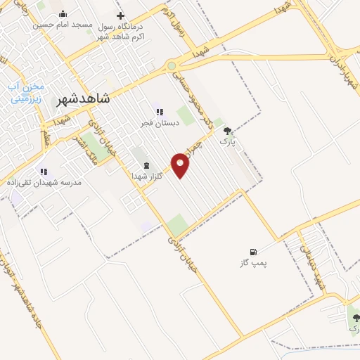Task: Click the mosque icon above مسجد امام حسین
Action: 63,14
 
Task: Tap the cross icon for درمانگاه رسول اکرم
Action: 121,15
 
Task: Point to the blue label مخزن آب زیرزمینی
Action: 26,93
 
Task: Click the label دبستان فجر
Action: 159,122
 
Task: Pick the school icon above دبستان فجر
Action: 160,111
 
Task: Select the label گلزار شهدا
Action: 148,176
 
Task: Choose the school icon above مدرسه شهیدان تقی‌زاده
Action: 44,172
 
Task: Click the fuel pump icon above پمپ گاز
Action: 253,252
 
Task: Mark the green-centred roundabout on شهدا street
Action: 172,66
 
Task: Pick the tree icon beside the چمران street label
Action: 226,131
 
